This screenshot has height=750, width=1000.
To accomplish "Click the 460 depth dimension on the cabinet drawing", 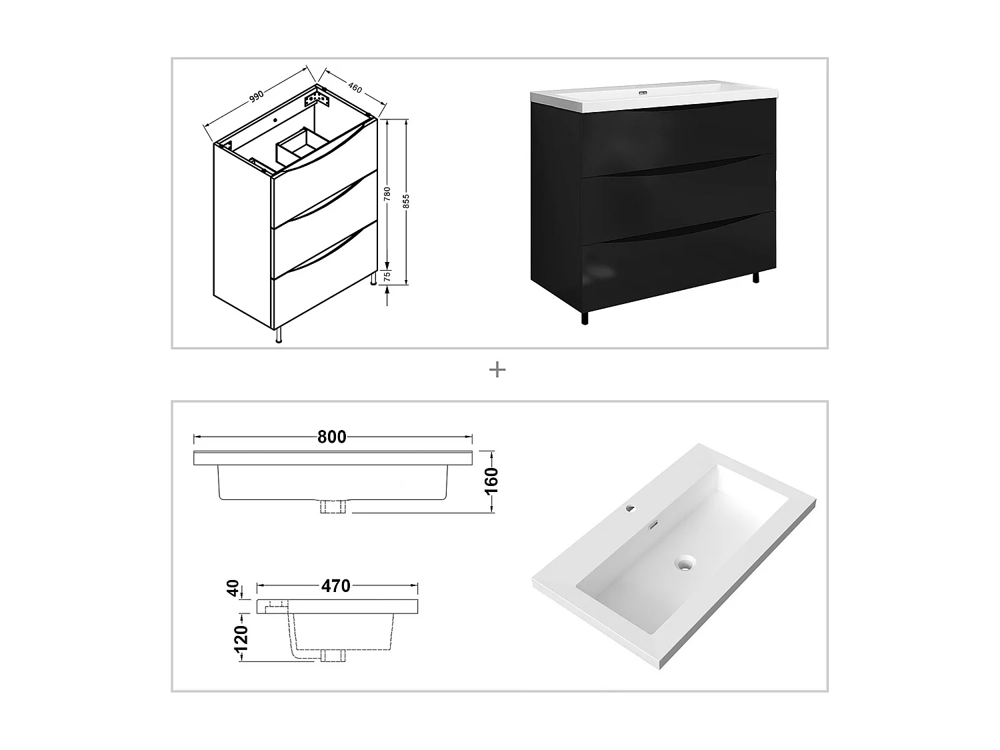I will tap(354, 87).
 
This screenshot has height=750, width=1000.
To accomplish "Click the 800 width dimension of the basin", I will tap(332, 437).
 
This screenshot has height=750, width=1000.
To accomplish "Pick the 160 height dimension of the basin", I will tap(492, 481).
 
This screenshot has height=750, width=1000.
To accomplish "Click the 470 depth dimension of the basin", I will tap(335, 586).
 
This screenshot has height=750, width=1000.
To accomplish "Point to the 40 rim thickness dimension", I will tap(233, 589).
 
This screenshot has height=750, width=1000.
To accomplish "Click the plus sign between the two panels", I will tap(497, 370).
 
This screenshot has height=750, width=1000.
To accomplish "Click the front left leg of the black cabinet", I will tap(585, 318).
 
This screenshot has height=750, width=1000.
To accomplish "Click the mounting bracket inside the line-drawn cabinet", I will tap(317, 101).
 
